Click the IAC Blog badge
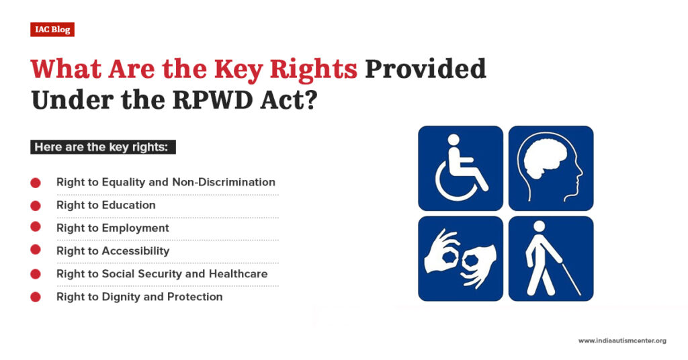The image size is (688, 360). click(x=52, y=30)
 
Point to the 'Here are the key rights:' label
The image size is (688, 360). click(x=101, y=147)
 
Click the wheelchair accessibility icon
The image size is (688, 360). click(x=460, y=168)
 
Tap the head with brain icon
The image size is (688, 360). click(x=551, y=168)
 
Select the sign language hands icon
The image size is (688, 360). click(x=460, y=259)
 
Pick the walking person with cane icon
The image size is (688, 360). click(x=551, y=259)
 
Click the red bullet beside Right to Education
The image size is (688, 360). click(x=36, y=206)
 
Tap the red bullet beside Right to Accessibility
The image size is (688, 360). click(x=36, y=251)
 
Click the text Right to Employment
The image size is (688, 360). click(x=112, y=228)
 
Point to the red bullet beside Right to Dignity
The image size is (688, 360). click(x=36, y=297)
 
